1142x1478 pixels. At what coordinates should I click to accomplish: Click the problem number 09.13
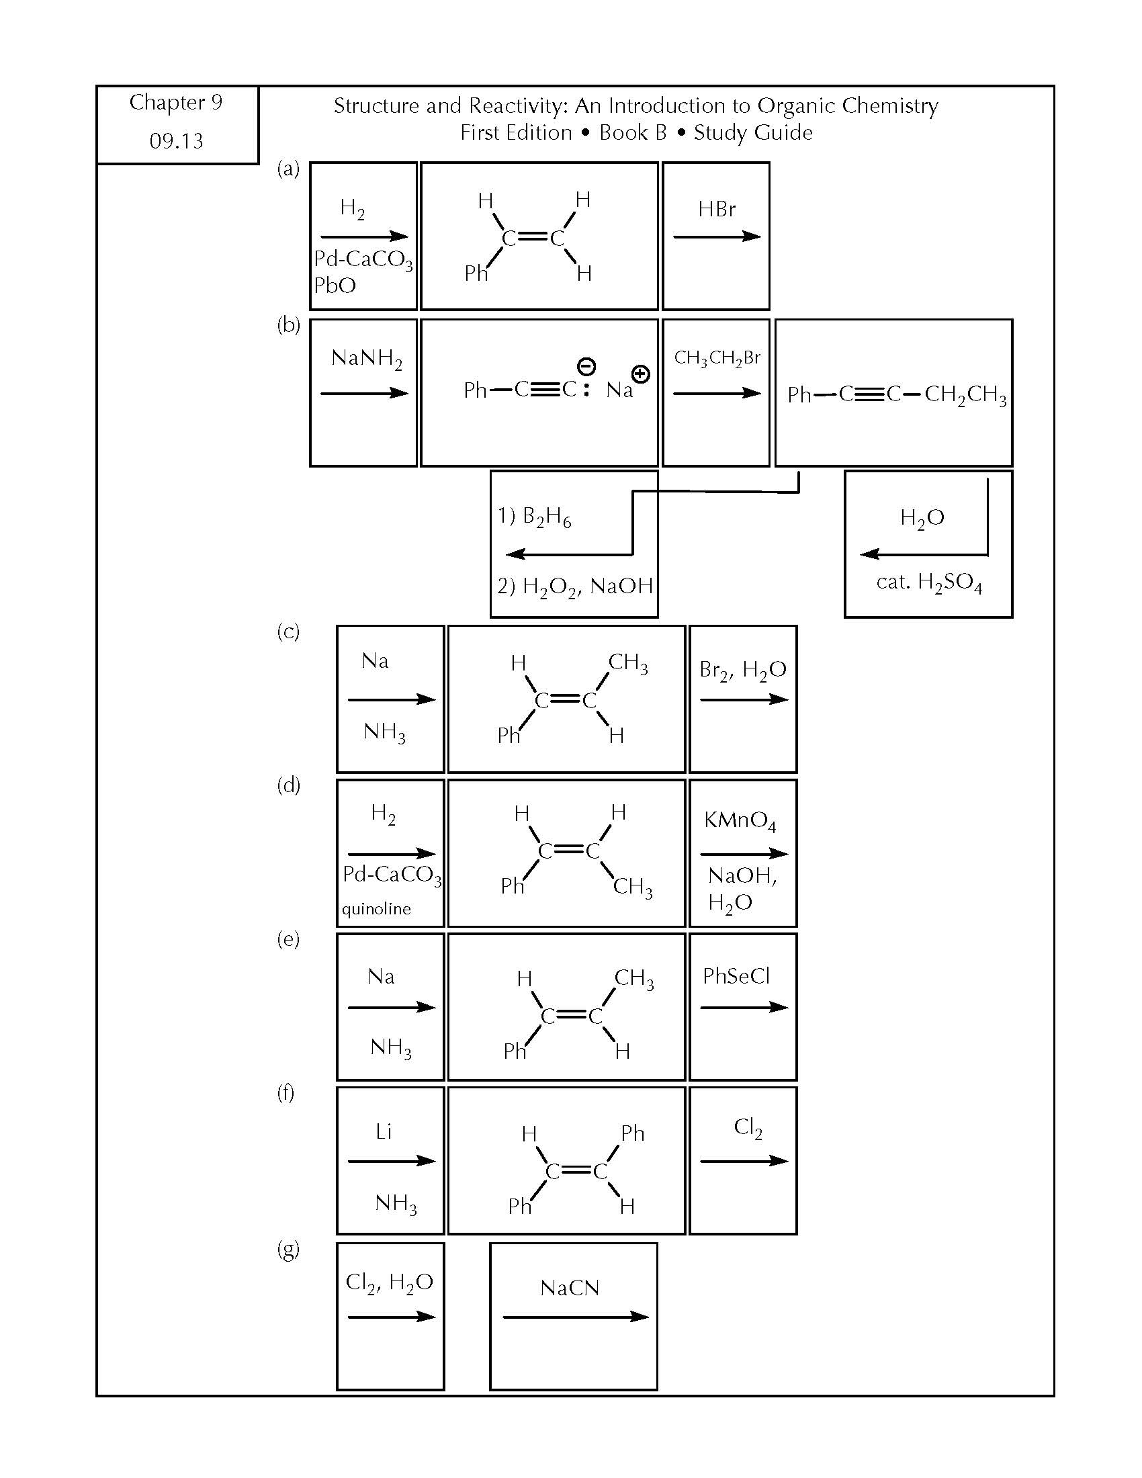click(x=176, y=141)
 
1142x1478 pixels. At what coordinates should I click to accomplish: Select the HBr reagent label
click(x=717, y=209)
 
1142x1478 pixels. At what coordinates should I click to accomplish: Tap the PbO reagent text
click(x=335, y=286)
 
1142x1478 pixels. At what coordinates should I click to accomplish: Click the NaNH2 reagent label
click(x=367, y=359)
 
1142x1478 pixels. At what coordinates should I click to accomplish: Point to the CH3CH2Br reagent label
click(x=717, y=358)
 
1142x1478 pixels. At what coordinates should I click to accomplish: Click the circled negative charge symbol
click(x=586, y=367)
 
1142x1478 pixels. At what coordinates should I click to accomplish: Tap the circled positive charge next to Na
click(x=640, y=374)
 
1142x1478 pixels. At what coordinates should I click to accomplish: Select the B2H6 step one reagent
click(x=535, y=517)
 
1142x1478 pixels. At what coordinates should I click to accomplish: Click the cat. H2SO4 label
click(x=929, y=582)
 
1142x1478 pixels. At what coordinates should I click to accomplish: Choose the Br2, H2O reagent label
click(x=743, y=670)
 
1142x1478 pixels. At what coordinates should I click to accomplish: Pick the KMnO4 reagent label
click(x=740, y=821)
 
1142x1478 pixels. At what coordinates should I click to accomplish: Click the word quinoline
click(x=376, y=909)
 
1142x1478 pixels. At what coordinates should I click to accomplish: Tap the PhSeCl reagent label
click(x=736, y=976)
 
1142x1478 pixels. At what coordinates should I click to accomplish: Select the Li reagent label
click(x=384, y=1131)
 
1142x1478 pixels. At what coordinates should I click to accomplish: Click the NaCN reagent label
click(x=570, y=1288)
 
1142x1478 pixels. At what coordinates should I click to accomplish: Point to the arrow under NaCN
click(x=576, y=1316)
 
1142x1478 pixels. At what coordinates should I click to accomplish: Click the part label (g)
click(x=288, y=1250)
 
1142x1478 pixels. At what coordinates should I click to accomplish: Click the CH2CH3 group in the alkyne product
click(x=965, y=395)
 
